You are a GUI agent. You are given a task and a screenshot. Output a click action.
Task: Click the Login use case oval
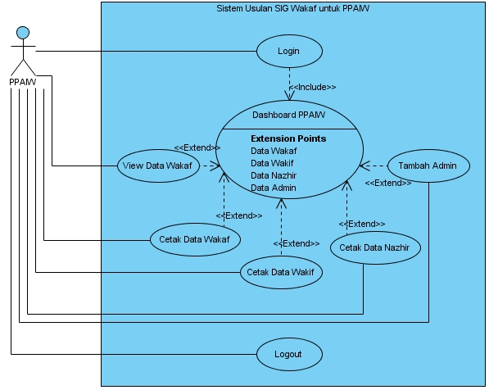[289, 51]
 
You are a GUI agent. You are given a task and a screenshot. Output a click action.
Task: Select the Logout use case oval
[289, 354]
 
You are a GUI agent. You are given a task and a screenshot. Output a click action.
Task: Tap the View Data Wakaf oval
[158, 166]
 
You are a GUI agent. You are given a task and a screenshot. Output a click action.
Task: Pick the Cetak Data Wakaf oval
[195, 239]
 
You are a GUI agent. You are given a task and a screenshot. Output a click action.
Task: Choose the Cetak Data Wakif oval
[281, 272]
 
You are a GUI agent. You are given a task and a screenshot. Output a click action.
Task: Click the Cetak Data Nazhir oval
[375, 247]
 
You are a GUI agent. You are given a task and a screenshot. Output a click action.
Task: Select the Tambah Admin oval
[429, 166]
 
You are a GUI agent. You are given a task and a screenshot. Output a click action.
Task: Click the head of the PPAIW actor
[23, 33]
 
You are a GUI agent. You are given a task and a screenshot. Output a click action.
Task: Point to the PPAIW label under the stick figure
[23, 82]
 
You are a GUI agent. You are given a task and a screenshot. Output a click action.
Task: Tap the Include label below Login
[313, 87]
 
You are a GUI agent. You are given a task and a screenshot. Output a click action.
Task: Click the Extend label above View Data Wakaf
[197, 147]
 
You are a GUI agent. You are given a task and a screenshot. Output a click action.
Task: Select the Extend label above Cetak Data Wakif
[297, 243]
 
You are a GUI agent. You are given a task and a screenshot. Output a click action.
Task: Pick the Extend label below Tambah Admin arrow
[388, 183]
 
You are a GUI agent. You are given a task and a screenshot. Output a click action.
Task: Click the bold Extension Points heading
[288, 138]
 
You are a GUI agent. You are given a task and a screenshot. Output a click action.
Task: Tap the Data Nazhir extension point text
[274, 175]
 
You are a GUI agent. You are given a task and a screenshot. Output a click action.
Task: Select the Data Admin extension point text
[274, 188]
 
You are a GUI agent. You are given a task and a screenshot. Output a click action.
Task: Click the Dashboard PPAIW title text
[289, 116]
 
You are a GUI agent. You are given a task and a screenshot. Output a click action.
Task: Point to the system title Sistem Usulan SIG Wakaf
[293, 8]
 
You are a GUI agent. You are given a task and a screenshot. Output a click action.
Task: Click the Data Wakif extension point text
[272, 163]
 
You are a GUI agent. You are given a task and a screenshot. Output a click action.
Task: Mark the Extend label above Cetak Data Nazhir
[362, 224]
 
